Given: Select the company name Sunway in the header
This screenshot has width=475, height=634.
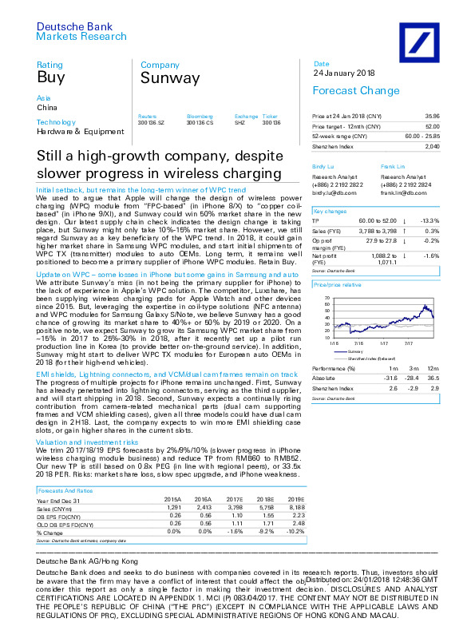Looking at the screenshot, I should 169,77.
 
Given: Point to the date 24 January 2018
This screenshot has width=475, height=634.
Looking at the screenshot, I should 340,73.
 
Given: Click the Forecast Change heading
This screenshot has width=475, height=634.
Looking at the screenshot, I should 345,91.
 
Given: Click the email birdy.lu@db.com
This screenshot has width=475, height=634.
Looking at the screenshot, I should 328,193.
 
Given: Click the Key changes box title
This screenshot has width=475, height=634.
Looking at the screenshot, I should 330,211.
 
